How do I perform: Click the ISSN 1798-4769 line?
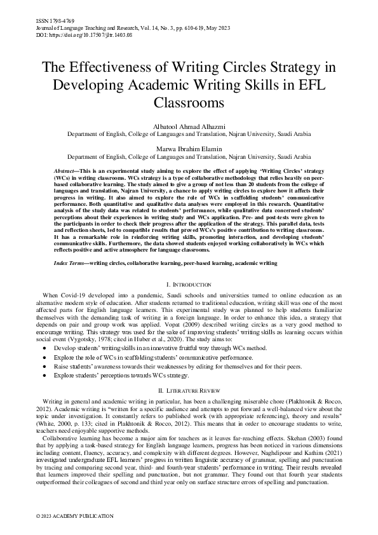[x=53, y=21]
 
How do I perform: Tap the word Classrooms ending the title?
[x=189, y=102]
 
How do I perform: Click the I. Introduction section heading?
[x=189, y=283]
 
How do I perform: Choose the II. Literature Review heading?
[x=189, y=389]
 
